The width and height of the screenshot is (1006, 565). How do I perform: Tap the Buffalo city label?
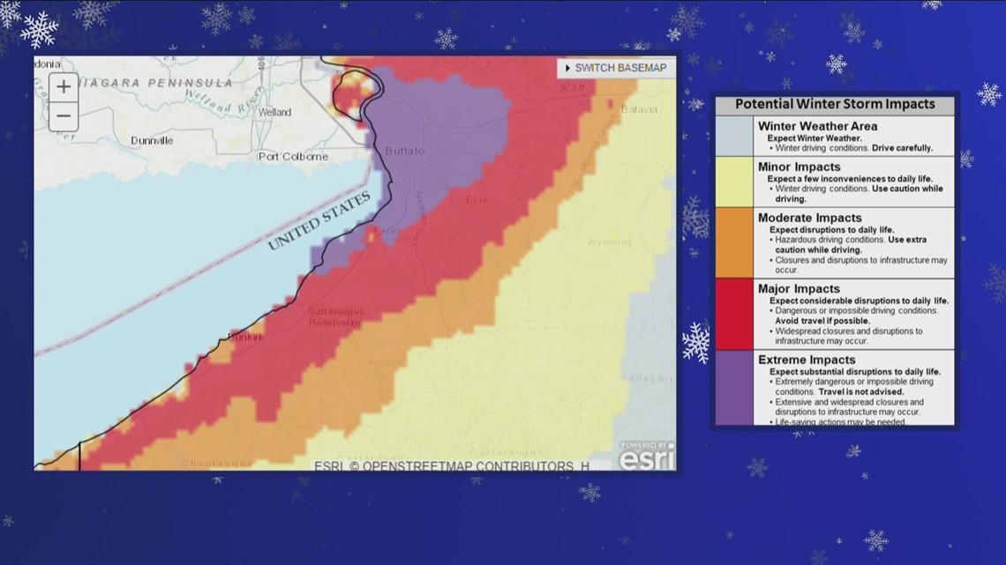[x=404, y=151]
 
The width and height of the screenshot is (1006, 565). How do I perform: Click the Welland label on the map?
[x=274, y=113]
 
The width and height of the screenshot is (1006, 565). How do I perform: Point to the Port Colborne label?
[x=293, y=157]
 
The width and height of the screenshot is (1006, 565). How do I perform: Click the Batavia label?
[x=639, y=109]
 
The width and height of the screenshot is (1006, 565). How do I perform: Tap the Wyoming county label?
[x=610, y=242]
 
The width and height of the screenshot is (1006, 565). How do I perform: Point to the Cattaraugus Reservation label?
[x=335, y=317]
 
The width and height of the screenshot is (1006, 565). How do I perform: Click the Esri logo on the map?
[x=646, y=457]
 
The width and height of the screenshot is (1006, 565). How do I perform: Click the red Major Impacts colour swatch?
[x=734, y=314]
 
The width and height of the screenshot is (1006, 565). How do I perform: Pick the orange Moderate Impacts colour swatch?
[x=734, y=242]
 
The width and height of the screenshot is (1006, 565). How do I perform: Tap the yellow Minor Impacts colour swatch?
[x=734, y=182]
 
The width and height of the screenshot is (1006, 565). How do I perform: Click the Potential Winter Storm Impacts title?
[x=835, y=104]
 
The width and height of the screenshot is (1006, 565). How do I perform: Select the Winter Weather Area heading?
[x=817, y=126]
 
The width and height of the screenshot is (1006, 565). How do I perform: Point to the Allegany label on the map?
[x=650, y=378]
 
